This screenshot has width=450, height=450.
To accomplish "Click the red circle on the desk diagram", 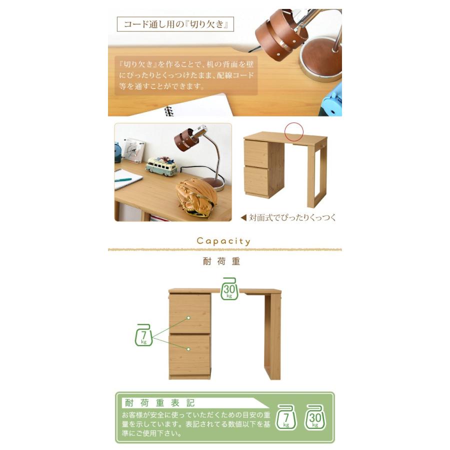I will click(x=294, y=131).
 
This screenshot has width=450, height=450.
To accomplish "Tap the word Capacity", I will click(x=223, y=241).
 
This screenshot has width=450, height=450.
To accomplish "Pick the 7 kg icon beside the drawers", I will click(x=144, y=335).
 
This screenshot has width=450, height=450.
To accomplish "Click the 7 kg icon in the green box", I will click(x=286, y=417).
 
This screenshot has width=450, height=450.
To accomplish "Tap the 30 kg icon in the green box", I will click(x=314, y=417).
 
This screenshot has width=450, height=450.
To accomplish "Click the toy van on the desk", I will click(x=162, y=166).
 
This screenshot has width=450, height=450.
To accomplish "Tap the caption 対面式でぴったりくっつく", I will click(x=288, y=217).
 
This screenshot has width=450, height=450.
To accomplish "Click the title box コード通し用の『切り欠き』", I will click(x=175, y=24).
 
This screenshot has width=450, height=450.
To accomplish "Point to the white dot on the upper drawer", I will click(x=189, y=317).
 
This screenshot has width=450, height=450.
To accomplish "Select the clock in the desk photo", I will click(x=133, y=148).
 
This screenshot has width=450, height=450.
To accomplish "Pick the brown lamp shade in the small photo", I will click(x=186, y=139).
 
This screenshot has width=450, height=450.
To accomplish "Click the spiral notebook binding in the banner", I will click(x=168, y=111).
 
